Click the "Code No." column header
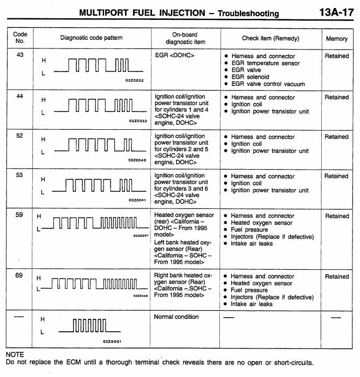pyautogui.click(x=20, y=38)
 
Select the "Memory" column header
pyautogui.click(x=337, y=39)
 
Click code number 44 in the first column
pyautogui.click(x=19, y=97)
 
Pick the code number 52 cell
pyautogui.click(x=19, y=136)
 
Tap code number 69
pyautogui.click(x=19, y=276)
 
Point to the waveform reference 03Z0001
pyautogui.click(x=112, y=341)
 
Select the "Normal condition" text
pyautogui.click(x=176, y=317)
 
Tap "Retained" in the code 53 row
pyautogui.click(x=337, y=176)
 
